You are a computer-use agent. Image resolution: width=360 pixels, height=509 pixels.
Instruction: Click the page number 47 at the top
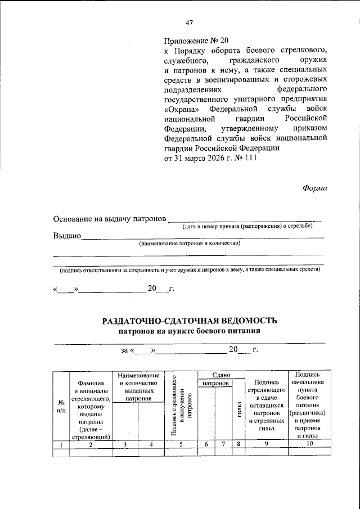pos(189,22)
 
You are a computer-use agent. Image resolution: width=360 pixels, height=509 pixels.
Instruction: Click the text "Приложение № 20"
pos(194,41)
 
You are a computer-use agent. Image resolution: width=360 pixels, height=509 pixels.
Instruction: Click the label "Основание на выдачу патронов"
pos(110,218)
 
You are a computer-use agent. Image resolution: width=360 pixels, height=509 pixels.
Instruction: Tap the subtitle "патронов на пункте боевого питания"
pos(190,331)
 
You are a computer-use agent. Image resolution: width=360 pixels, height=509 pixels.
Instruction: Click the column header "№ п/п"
pos(61,406)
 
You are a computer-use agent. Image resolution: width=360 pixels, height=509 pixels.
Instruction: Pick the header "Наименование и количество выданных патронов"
pos(138,386)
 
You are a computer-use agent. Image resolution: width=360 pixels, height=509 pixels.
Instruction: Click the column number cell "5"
pos(181,445)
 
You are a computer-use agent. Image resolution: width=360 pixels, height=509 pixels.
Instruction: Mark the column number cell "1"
pos(61,445)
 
